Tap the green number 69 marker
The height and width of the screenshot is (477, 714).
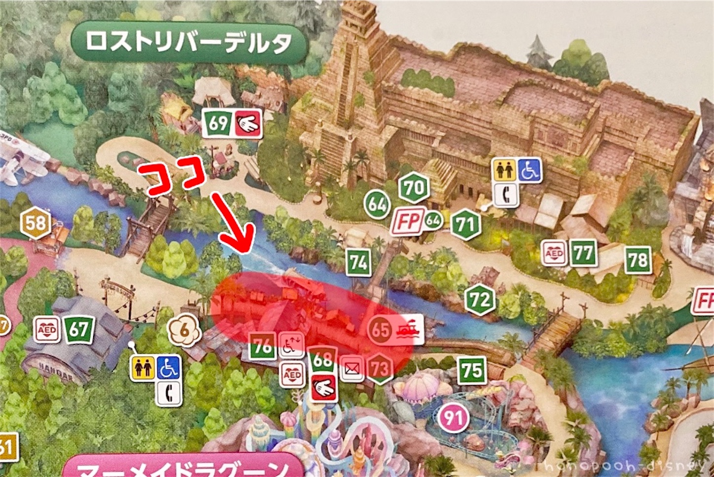pos(218,123)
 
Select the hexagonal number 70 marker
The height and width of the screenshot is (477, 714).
pos(414,187)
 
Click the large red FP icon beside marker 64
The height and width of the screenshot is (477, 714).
pos(408,222)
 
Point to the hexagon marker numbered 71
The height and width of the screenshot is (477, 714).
pos(465,225)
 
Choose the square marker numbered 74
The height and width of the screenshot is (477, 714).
pos(358,262)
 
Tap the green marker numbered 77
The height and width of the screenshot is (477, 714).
pos(582,254)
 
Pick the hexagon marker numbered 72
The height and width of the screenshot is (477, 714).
pos(480,300)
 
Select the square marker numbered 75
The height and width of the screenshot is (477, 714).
pos(472,370)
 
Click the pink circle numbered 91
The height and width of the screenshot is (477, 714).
pos(453,418)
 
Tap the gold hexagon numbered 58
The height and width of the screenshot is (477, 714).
pos(36,224)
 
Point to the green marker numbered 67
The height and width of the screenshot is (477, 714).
pos(78,329)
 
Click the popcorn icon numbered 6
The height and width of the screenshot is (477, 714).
pos(184,331)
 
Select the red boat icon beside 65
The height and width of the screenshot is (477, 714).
pos(409,329)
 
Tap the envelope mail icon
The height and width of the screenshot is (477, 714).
pos(352,368)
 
